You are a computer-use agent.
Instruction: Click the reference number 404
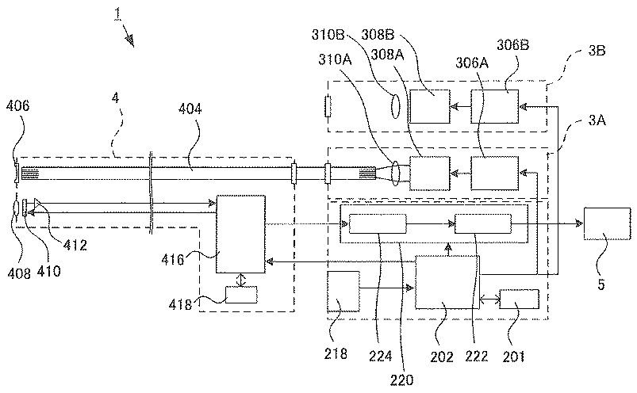pos(190,109)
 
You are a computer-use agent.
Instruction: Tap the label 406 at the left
pos(17,106)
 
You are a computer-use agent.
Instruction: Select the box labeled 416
pos(241,234)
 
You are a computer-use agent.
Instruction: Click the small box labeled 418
pos(241,295)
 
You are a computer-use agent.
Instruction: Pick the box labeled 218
pos(343,292)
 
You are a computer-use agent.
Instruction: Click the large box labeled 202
pos(447,282)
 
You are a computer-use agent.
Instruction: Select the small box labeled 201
pos(519,300)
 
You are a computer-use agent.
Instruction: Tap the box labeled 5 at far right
pos(608,223)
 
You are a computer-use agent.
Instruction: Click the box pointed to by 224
pos(378,223)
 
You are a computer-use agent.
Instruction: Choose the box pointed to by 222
pos(482,223)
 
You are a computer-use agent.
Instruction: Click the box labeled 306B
pos(495,106)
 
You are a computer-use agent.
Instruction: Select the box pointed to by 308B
pos(430,106)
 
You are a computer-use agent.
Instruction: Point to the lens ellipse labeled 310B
pos(395,107)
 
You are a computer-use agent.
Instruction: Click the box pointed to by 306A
pos(495,174)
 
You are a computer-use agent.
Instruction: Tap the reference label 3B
pos(597,51)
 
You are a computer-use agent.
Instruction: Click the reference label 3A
pos(597,120)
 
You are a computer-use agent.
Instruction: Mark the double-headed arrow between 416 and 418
pos(241,280)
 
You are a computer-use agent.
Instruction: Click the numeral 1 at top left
pos(117,13)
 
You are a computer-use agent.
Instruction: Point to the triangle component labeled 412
pos(36,203)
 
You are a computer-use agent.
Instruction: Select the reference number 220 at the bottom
pos(401,380)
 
